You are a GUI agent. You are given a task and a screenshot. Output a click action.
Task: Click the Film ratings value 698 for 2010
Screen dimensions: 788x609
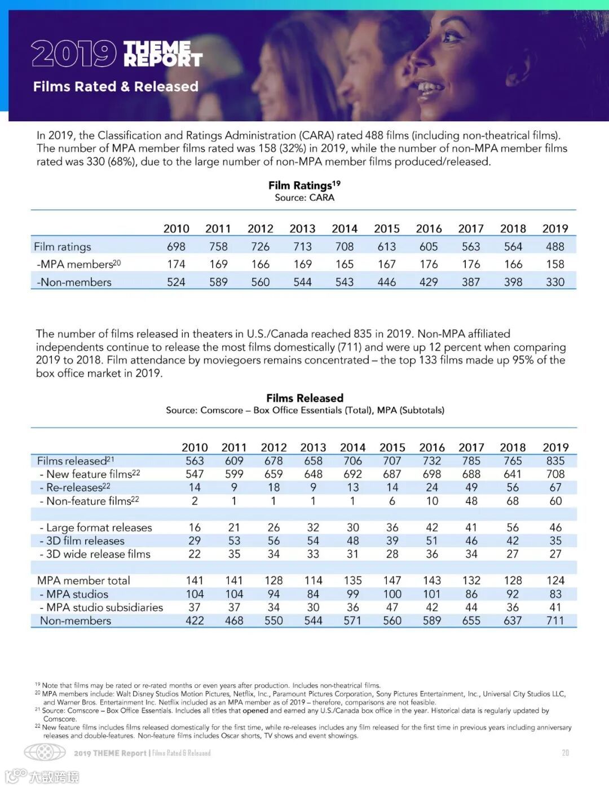pos(176,246)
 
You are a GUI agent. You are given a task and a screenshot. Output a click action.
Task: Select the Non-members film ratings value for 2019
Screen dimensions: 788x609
pos(555,282)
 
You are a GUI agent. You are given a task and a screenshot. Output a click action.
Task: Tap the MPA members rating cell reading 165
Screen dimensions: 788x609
pos(345,264)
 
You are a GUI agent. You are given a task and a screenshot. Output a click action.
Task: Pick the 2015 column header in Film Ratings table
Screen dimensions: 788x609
pos(387,228)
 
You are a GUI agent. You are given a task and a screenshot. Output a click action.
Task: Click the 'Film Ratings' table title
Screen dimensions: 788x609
pos(304,185)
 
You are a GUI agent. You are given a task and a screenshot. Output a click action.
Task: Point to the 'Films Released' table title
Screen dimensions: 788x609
pos(304,398)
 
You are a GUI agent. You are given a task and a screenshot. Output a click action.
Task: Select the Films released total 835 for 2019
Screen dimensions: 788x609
pos(555,461)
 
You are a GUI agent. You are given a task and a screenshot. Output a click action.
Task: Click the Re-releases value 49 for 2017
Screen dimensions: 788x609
pos(471,487)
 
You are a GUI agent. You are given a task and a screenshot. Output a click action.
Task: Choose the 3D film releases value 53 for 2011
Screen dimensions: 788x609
pos(234,540)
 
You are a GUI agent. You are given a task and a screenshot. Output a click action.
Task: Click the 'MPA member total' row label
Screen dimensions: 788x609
pos(83,580)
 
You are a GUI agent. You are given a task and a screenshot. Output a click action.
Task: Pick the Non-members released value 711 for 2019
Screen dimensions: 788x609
pos(555,620)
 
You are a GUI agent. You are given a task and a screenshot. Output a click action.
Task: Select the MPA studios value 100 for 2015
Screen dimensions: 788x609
pos(392,594)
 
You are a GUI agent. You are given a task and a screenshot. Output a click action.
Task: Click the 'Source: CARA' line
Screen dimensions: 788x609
pos(304,197)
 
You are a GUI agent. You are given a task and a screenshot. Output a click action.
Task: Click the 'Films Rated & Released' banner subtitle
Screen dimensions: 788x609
pos(116,86)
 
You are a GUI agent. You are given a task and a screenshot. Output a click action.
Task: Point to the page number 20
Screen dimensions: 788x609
pos(565,752)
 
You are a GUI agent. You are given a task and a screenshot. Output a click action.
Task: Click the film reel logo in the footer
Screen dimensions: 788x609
pos(45,752)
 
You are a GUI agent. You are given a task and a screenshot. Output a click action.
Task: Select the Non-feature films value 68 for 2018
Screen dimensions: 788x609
pos(513,501)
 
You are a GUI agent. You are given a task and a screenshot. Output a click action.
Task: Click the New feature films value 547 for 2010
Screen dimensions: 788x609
pos(195,474)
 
